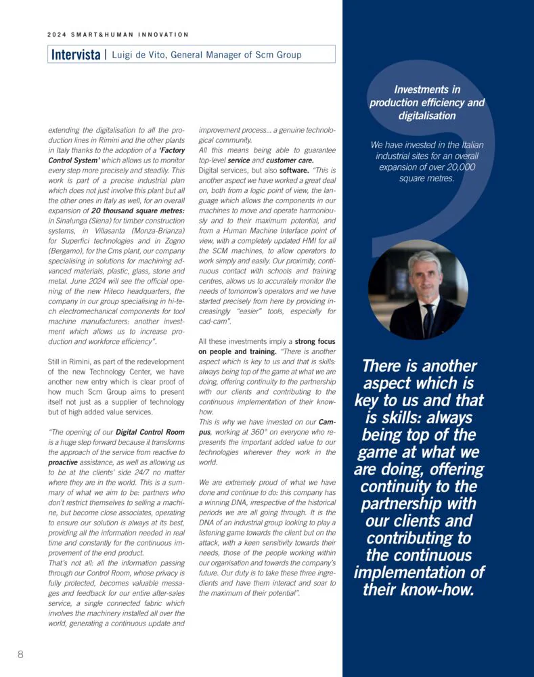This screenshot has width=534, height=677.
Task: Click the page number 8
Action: tap(20, 654)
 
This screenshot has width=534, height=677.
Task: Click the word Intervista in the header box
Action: tap(76, 55)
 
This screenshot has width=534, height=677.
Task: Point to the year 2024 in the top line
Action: tap(56, 35)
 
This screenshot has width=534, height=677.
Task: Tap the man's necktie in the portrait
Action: tap(428, 320)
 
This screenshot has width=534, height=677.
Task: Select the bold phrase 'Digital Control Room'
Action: tap(150, 432)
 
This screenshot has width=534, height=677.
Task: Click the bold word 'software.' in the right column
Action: tap(294, 171)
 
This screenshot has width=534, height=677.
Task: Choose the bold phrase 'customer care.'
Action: tap(290, 160)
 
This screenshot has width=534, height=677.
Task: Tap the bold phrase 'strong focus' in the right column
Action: tap(315, 342)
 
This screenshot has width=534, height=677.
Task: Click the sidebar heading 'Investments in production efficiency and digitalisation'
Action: tap(427, 102)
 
